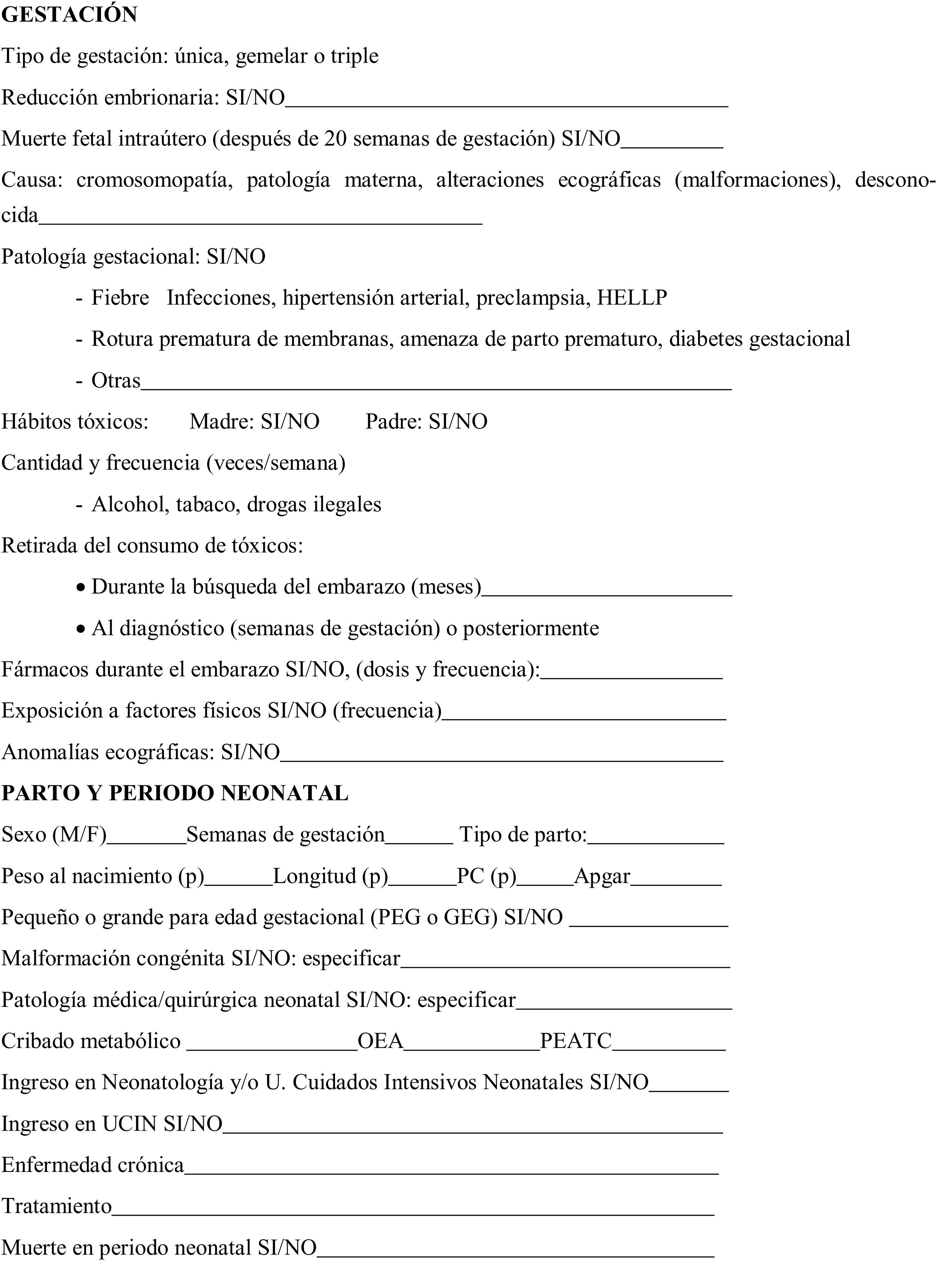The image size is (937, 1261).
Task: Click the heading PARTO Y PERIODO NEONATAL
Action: point(175,793)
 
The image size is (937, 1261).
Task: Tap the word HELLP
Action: point(631,298)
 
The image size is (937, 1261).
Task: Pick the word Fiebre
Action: point(120,298)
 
